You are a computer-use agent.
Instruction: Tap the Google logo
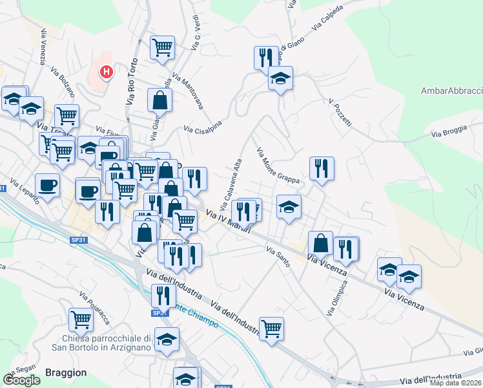[21, 380]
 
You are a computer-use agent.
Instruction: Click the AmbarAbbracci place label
[451, 91]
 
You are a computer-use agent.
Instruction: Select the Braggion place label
[66, 372]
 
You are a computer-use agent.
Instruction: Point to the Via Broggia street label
[447, 135]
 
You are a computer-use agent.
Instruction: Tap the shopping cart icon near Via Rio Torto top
[162, 47]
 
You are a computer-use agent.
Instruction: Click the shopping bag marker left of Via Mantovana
[159, 100]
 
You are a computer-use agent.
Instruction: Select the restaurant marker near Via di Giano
[266, 57]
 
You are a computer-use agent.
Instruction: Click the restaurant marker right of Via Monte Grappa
[322, 168]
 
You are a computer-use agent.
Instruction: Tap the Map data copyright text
[456, 383]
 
